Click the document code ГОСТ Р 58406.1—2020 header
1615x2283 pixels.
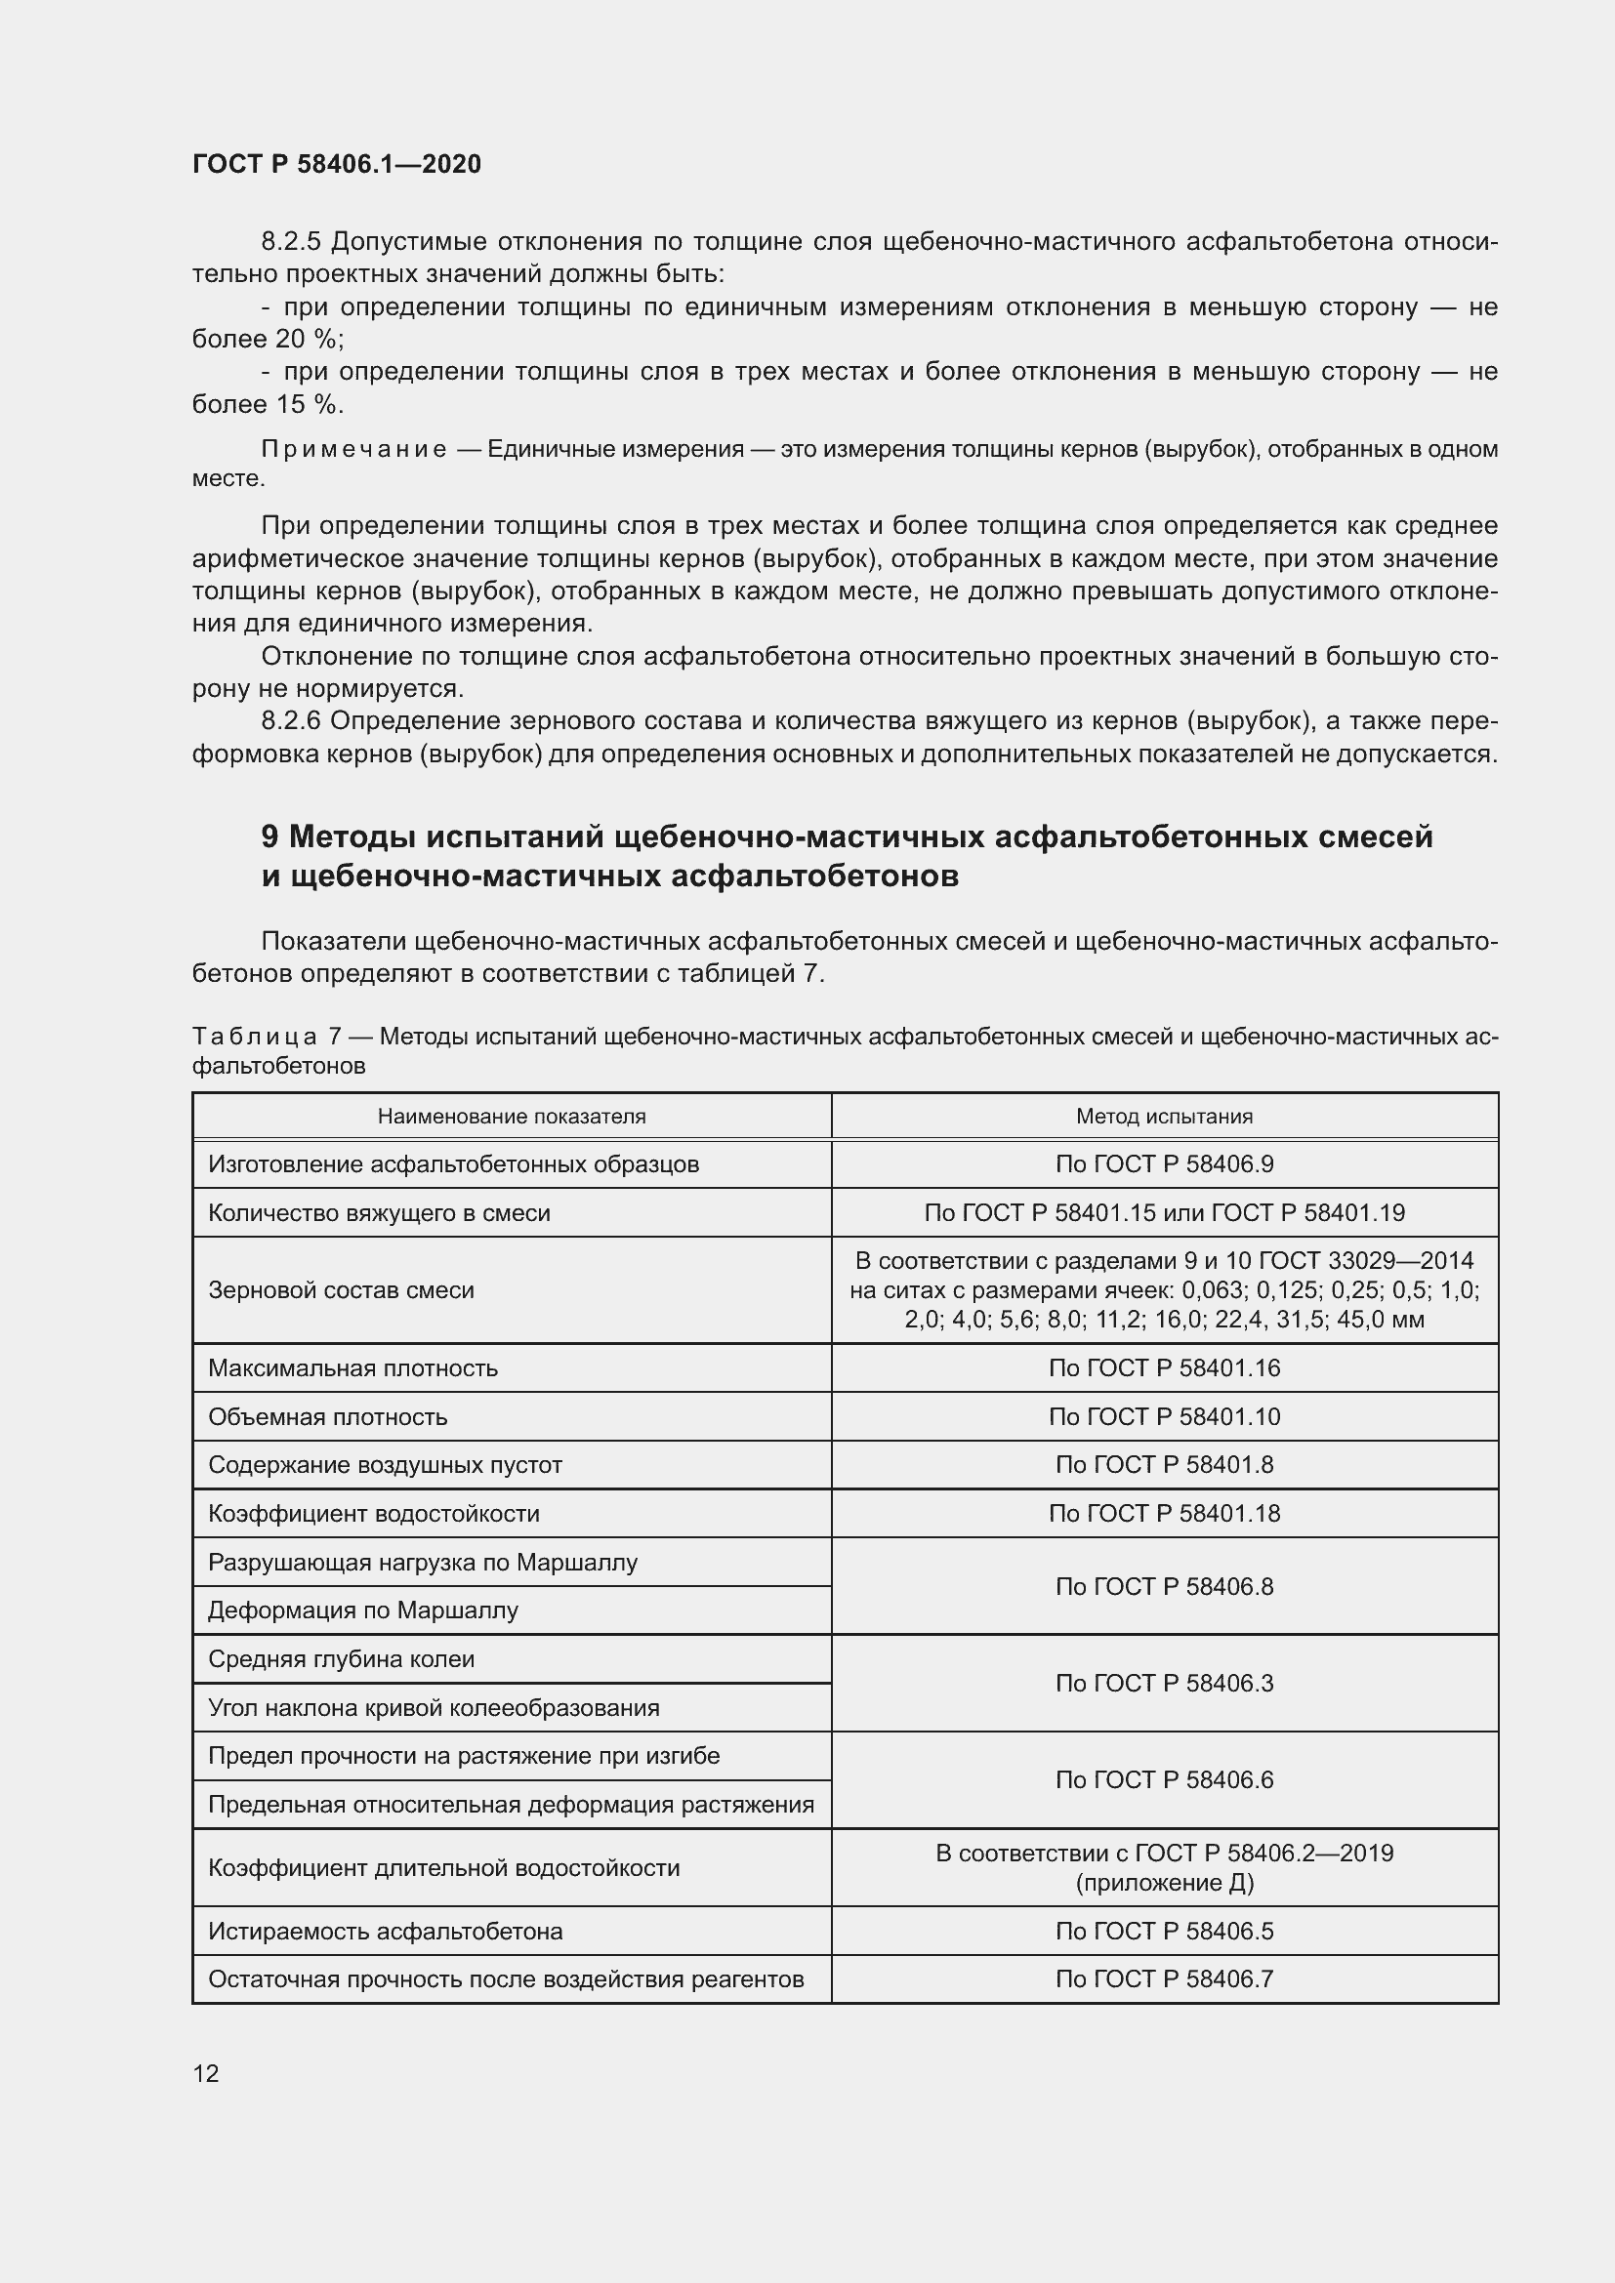coord(336,164)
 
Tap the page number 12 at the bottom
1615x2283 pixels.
coord(206,2073)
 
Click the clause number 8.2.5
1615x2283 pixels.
coord(290,242)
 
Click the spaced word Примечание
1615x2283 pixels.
coord(353,449)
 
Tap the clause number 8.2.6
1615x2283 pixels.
coord(290,721)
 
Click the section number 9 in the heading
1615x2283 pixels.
coord(269,837)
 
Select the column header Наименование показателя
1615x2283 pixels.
coord(511,1116)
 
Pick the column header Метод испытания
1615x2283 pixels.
coord(1164,1116)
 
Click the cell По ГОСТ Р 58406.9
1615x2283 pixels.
coord(1164,1164)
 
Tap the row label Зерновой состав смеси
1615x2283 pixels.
coord(341,1290)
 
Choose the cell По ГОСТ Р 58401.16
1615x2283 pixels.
coord(1164,1368)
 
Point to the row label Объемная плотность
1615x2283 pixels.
coord(327,1417)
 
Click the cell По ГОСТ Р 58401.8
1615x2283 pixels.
coord(1164,1465)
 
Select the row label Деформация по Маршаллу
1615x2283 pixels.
coord(363,1610)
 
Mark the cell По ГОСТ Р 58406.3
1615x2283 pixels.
coord(1164,1684)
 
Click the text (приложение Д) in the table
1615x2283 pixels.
coord(1164,1882)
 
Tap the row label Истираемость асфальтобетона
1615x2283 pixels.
coord(385,1931)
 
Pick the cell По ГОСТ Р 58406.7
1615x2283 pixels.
coord(1164,1978)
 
